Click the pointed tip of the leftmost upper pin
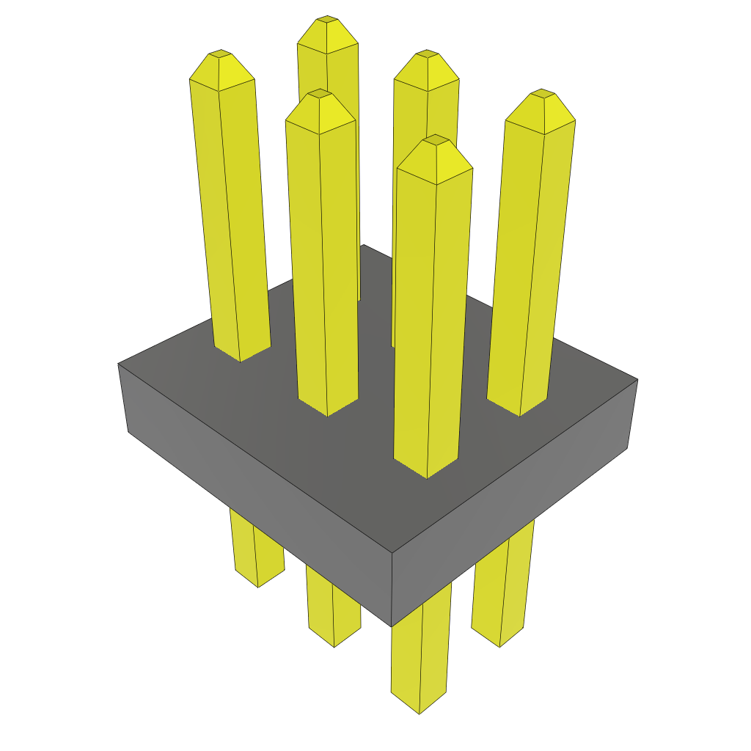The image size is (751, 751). [219, 54]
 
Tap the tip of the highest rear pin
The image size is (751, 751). [327, 18]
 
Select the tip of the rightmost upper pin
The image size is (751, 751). [541, 92]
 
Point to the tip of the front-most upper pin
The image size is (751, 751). [436, 139]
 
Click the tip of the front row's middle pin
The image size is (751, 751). [320, 93]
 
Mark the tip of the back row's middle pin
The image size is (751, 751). [426, 54]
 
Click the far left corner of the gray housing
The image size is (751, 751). [119, 364]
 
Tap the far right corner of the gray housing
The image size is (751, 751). [637, 380]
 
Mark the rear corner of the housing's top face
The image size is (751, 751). [363, 246]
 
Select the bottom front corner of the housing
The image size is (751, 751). [392, 626]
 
